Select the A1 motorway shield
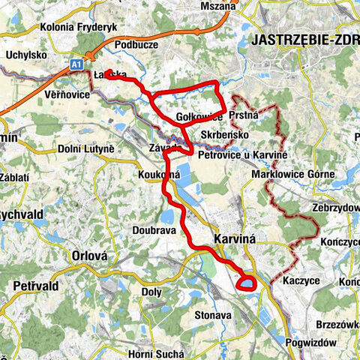(x=76, y=65)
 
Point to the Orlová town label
(x=90, y=256)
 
